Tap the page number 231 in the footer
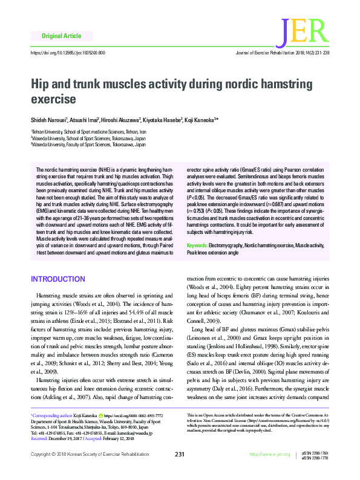[179, 471]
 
